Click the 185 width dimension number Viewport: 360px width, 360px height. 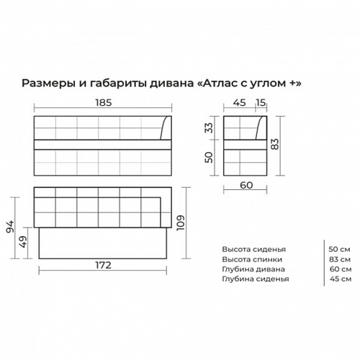pyautogui.click(x=102, y=103)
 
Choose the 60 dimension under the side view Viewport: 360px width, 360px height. pyautogui.click(x=246, y=185)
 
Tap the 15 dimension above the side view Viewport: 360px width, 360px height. pyautogui.click(x=261, y=103)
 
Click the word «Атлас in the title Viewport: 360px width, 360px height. pyautogui.click(x=220, y=84)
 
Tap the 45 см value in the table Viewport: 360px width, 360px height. pyautogui.click(x=341, y=278)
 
